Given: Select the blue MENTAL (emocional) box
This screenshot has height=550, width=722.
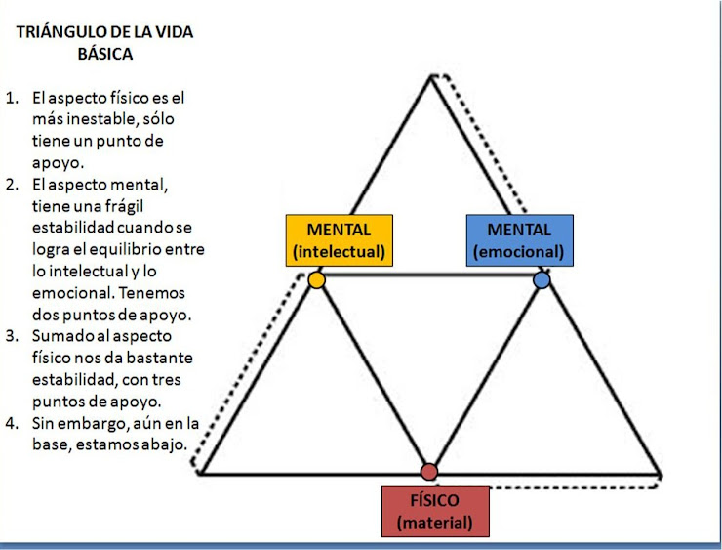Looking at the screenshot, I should [519, 240].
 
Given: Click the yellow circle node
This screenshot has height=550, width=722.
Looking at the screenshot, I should [316, 279].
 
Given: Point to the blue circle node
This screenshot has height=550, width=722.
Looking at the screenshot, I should [542, 279].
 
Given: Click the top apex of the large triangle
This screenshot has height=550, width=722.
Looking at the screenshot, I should [429, 75].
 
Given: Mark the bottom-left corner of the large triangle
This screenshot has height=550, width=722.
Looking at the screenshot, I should [199, 473].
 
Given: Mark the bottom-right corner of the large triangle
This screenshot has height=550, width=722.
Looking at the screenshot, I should [661, 473].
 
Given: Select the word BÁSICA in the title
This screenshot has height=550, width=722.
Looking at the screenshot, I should [104, 55].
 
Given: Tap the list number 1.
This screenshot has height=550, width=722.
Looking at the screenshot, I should [12, 98].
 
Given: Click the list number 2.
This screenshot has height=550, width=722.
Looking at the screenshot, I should [12, 185].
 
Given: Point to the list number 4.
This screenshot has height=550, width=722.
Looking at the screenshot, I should [12, 423].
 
